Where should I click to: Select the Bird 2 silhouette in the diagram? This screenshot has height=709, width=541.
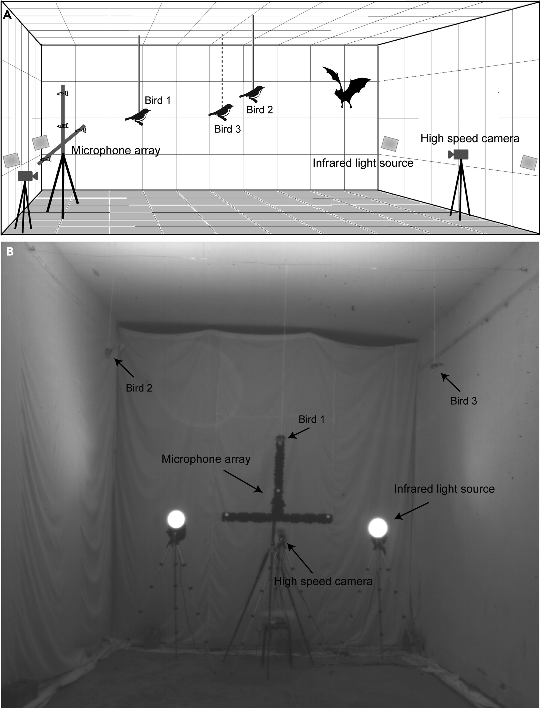pyautogui.click(x=252, y=92)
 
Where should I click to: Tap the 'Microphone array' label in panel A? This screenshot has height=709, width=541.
pyautogui.click(x=116, y=150)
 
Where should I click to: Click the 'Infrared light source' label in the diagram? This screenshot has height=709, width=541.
pyautogui.click(x=363, y=163)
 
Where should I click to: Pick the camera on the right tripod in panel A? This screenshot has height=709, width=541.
pyautogui.click(x=459, y=154)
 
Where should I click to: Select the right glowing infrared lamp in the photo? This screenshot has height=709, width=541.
pyautogui.click(x=377, y=527)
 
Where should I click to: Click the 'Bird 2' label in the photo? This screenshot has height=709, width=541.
pyautogui.click(x=139, y=388)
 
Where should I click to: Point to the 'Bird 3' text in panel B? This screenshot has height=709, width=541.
pyautogui.click(x=463, y=401)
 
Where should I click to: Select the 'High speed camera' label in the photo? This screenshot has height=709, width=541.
pyautogui.click(x=323, y=581)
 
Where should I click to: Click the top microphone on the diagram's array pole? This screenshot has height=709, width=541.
pyautogui.click(x=62, y=93)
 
